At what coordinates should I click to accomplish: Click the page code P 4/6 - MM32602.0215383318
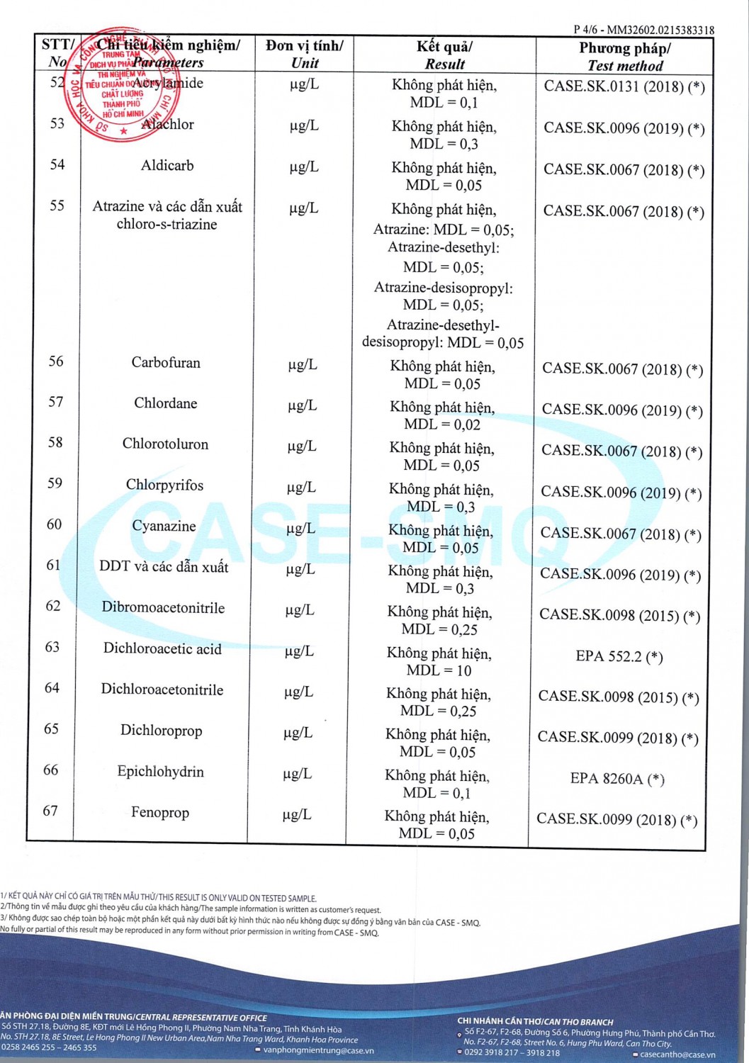643,30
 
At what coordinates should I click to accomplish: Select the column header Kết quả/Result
444,55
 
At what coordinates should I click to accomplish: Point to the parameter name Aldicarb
167,165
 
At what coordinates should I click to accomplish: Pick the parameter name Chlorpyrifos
164,485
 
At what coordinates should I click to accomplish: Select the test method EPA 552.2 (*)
619,656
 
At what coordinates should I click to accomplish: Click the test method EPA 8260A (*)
617,779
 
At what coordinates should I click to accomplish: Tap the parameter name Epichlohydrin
161,772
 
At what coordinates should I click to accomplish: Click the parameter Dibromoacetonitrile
163,607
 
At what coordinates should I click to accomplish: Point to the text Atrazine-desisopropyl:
444,288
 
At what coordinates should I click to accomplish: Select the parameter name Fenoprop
160,812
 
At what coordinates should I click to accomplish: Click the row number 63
52,647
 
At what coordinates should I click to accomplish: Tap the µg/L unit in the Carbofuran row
303,365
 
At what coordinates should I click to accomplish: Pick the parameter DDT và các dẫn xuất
164,567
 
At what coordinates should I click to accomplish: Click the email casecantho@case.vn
677,1054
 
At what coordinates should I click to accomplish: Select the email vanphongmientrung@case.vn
318,1050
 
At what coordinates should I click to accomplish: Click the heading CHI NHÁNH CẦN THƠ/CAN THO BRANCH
535,1022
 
